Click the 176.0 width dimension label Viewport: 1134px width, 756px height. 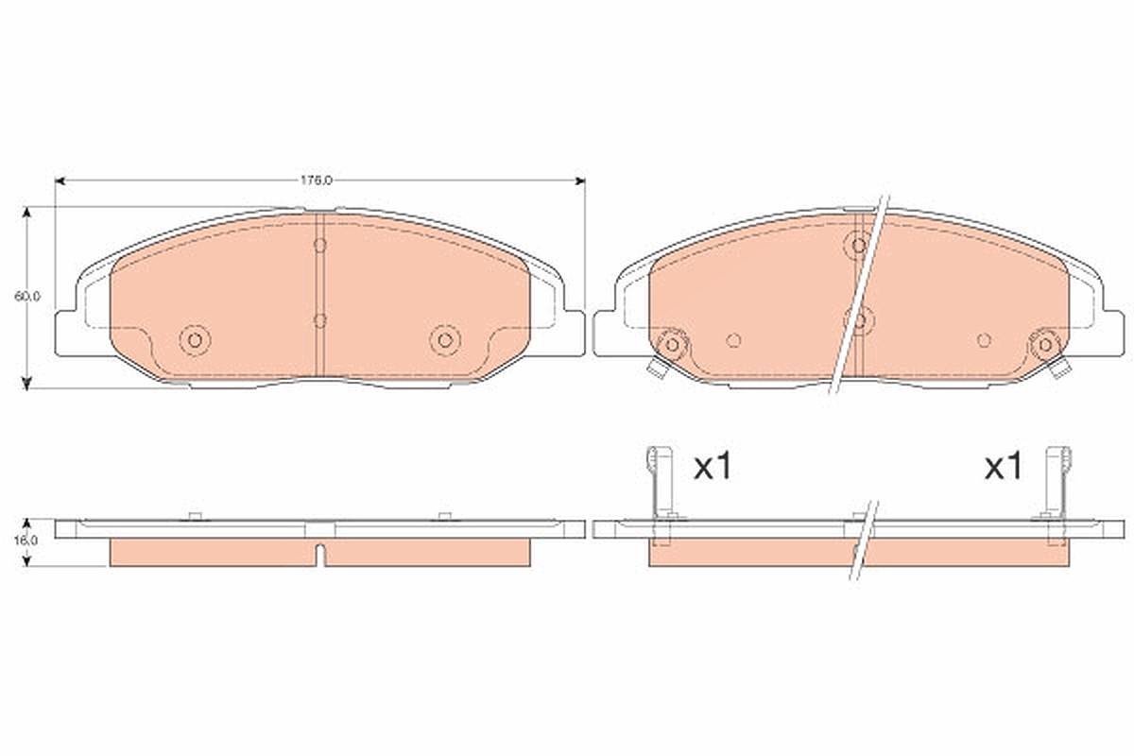pyautogui.click(x=317, y=180)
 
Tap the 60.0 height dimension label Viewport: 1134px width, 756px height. pyautogui.click(x=26, y=297)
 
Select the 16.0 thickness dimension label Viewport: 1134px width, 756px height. pyautogui.click(x=26, y=541)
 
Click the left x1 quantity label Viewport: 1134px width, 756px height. pyautogui.click(x=713, y=467)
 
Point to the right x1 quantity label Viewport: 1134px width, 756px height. pyautogui.click(x=1004, y=467)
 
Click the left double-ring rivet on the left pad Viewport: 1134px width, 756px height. pyautogui.click(x=195, y=340)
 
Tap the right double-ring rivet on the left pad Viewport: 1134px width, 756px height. pyautogui.click(x=445, y=340)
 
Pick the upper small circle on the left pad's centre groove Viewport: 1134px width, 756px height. pyautogui.click(x=320, y=245)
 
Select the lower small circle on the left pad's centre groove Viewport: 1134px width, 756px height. pyautogui.click(x=320, y=320)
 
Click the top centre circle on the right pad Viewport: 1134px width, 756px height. pyautogui.click(x=859, y=246)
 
